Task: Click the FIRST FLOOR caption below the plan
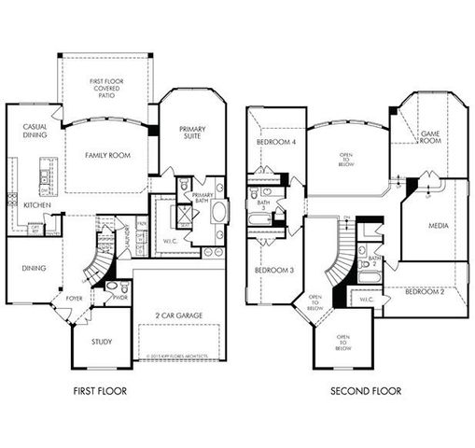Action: pyautogui.click(x=98, y=390)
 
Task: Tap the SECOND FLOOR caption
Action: pyautogui.click(x=366, y=390)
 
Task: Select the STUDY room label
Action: pyautogui.click(x=102, y=342)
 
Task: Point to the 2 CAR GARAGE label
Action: pyautogui.click(x=180, y=315)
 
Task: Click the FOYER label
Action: pyautogui.click(x=74, y=299)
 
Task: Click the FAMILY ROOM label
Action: pyautogui.click(x=105, y=155)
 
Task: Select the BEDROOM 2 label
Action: pyautogui.click(x=425, y=292)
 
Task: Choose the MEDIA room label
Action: pyautogui.click(x=437, y=225)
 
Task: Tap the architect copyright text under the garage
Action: pyautogui.click(x=180, y=356)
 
